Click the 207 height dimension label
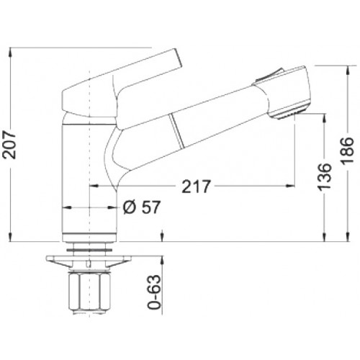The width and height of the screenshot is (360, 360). (9, 145)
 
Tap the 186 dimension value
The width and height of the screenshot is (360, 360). (347, 150)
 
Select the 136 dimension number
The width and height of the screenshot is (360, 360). (324, 177)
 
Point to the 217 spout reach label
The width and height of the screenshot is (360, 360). (196, 186)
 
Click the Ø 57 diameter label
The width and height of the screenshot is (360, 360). (141, 207)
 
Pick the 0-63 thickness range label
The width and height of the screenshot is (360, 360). (154, 292)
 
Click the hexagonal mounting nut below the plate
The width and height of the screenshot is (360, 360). (89, 291)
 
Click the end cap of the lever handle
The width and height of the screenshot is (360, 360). (178, 60)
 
